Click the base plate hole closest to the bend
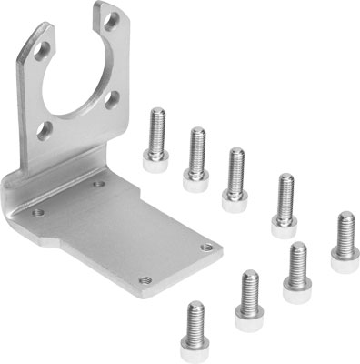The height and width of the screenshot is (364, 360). click(99, 184)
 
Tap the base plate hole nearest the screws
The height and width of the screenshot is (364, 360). click(206, 246)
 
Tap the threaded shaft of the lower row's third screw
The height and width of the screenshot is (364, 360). click(296, 260)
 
